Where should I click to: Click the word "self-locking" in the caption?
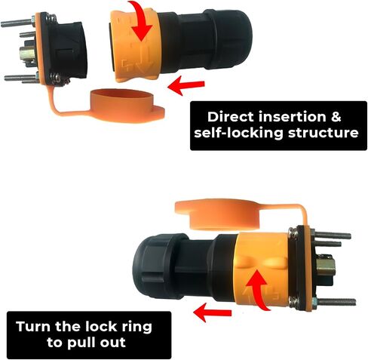(x=238, y=133)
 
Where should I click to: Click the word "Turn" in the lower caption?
(x=34, y=327)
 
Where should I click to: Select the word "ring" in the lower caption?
(x=137, y=328)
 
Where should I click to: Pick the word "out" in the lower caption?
(x=113, y=343)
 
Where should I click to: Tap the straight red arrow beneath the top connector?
(x=186, y=85)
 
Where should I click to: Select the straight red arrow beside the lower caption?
(x=213, y=312)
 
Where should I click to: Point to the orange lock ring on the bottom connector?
(x=262, y=269)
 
